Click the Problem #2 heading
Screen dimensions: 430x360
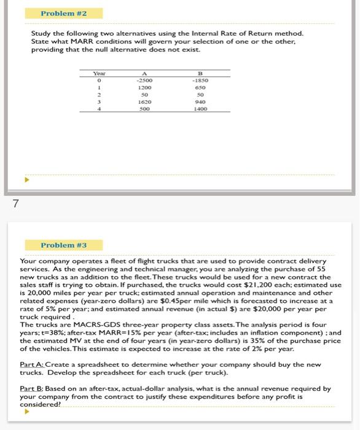click(x=63, y=13)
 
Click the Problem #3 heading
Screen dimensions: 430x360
click(x=63, y=244)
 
